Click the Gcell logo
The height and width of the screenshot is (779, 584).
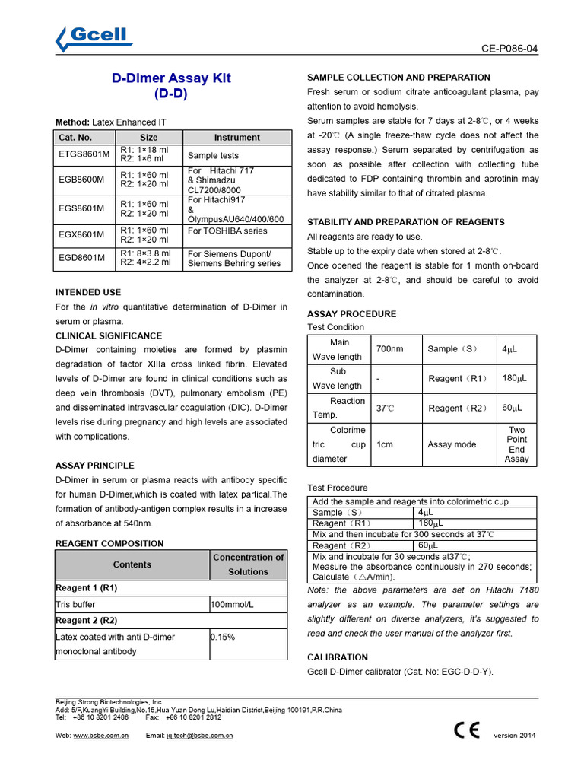(x=94, y=37)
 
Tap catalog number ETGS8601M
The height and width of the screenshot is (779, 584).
(x=84, y=154)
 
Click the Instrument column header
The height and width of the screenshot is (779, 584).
(x=236, y=138)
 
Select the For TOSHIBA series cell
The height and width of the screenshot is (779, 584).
(x=227, y=231)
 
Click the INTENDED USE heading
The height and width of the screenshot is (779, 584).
(x=88, y=292)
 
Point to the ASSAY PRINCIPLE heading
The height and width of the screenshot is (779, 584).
(x=95, y=465)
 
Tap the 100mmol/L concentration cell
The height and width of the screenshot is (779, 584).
(x=232, y=604)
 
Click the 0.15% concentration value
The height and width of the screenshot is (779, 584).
(x=221, y=637)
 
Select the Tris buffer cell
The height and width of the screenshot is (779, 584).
(x=76, y=604)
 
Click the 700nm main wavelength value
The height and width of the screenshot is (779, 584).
(x=390, y=349)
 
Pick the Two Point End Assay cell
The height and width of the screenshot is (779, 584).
(x=516, y=444)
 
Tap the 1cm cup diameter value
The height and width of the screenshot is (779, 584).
(x=385, y=444)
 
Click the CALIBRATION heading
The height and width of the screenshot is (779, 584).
(x=337, y=657)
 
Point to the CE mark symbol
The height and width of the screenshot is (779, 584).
(x=467, y=730)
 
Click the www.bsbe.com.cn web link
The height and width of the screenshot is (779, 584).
(x=101, y=736)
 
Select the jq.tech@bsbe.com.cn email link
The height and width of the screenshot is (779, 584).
(x=200, y=736)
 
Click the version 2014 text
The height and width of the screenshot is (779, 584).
(x=515, y=736)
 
